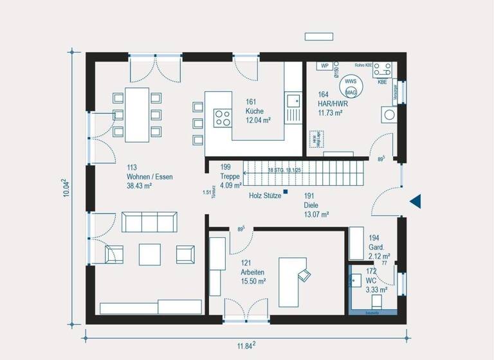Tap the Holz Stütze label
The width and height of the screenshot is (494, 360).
click(265, 195)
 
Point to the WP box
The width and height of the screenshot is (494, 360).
click(324, 66)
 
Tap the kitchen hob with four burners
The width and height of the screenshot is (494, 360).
click(223, 118)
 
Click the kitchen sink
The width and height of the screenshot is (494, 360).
click(293, 100)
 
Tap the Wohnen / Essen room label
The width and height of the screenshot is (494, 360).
click(150, 176)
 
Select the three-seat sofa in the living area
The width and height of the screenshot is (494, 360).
click(149, 222)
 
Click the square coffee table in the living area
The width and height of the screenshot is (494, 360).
click(150, 253)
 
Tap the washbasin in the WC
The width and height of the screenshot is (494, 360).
click(356, 281)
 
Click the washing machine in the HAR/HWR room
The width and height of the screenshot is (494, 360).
click(389, 116)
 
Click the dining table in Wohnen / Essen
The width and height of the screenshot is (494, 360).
click(137, 114)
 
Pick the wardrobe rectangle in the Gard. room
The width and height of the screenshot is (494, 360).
click(356, 243)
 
